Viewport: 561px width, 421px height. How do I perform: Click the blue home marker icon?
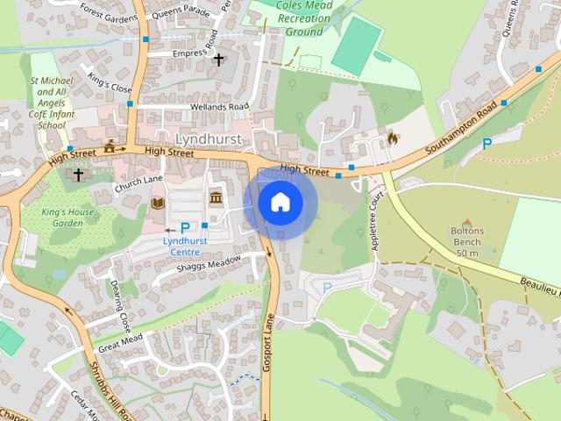coord(280,203)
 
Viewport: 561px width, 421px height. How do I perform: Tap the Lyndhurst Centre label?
coord(186,246)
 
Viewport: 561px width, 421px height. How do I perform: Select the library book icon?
coord(158,203)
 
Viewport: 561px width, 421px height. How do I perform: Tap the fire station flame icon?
coord(391,137)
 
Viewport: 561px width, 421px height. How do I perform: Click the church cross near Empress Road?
coord(218,60)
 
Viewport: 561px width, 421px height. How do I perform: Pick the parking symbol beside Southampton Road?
coord(486,144)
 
